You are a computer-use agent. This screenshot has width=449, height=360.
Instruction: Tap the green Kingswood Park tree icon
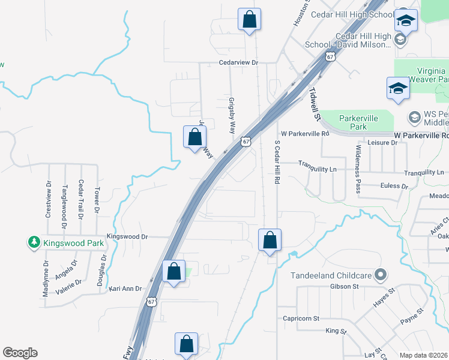34,243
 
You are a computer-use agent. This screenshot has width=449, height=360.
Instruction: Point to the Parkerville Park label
358,122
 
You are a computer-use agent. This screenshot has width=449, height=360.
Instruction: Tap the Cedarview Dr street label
238,62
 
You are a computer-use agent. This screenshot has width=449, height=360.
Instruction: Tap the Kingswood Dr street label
127,237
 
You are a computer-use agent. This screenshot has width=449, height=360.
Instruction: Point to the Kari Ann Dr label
125,289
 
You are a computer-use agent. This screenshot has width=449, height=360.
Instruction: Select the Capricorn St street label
301,319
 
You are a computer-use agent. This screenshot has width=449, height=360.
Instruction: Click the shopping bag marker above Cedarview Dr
249,19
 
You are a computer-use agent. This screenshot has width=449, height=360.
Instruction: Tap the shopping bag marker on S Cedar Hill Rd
270,240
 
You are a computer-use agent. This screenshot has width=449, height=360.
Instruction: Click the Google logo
20,353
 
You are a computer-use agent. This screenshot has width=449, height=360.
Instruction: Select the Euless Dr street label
394,186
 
